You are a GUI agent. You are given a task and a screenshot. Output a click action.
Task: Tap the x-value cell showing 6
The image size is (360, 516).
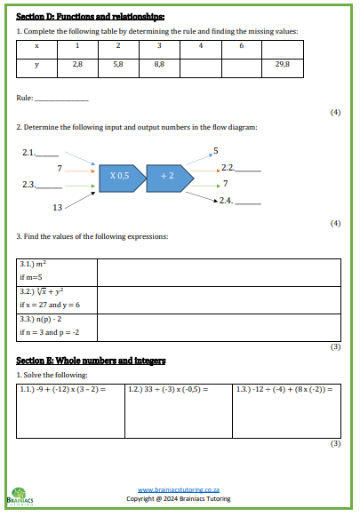click(x=241, y=45)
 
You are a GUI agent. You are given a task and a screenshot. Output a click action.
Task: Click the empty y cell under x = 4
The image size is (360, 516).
click(x=200, y=64)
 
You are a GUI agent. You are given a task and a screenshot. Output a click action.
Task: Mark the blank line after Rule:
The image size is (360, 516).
click(x=60, y=98)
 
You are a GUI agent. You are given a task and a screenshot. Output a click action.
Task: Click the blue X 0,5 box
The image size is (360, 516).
click(x=120, y=176)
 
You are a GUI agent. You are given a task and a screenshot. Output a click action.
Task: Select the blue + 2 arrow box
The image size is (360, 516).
click(x=168, y=176)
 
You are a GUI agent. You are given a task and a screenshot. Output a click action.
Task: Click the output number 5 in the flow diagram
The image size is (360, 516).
click(x=215, y=150)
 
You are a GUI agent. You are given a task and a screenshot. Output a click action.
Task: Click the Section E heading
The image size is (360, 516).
click(x=91, y=361)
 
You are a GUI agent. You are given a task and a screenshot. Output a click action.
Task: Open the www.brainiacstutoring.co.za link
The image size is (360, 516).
click(x=179, y=489)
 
